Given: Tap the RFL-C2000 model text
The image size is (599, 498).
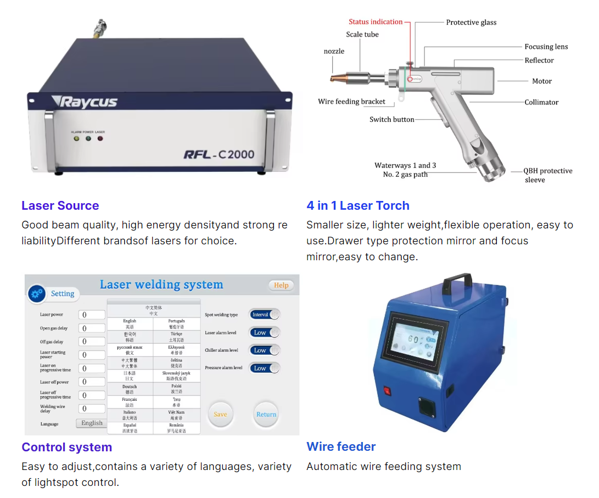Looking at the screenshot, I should click(x=219, y=154).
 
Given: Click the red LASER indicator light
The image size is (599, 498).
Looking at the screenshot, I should click(x=100, y=138).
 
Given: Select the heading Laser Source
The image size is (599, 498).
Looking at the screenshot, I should click(x=60, y=206).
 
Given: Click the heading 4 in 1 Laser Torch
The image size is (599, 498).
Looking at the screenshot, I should click(x=358, y=206).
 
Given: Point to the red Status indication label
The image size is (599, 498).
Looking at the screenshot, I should click(x=376, y=22).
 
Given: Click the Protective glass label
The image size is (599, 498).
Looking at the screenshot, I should click(x=471, y=23).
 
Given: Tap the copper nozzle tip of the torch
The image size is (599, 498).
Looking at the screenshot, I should click(x=337, y=77).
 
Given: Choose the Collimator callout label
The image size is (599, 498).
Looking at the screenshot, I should click(x=541, y=102).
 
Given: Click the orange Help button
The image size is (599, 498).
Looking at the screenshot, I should click(x=281, y=286).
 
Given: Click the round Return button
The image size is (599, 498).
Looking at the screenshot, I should click(x=266, y=414).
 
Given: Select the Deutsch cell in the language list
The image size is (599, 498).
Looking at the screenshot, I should click(x=130, y=389).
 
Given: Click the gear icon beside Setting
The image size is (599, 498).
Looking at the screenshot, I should click(x=37, y=294).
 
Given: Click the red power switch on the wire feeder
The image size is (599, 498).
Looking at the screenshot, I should click(x=387, y=391).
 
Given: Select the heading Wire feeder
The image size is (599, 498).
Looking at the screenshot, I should click(x=341, y=447).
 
